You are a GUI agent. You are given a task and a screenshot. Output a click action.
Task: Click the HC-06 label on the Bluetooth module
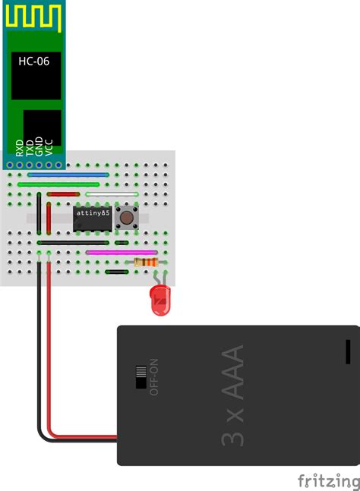click(x=33, y=61)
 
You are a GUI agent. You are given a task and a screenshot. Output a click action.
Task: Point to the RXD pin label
click(x=19, y=146)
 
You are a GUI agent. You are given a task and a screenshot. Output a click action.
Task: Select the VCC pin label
click(x=49, y=146)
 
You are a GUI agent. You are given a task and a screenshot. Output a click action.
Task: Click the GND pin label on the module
click(x=39, y=146)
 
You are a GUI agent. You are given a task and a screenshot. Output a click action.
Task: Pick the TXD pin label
click(x=30, y=146)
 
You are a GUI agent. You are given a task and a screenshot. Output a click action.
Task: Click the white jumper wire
click(x=112, y=194)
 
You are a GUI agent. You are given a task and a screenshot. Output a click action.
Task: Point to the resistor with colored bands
click(x=146, y=263)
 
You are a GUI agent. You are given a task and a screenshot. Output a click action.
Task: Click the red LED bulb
click(x=160, y=301)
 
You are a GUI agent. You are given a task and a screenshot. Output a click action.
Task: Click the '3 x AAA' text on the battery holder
click(x=233, y=396)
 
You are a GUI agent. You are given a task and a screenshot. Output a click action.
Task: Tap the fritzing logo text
click(x=328, y=480)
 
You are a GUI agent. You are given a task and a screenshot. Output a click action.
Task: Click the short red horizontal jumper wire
click(x=63, y=194)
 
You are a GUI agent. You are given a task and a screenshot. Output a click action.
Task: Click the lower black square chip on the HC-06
click(x=43, y=128)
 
